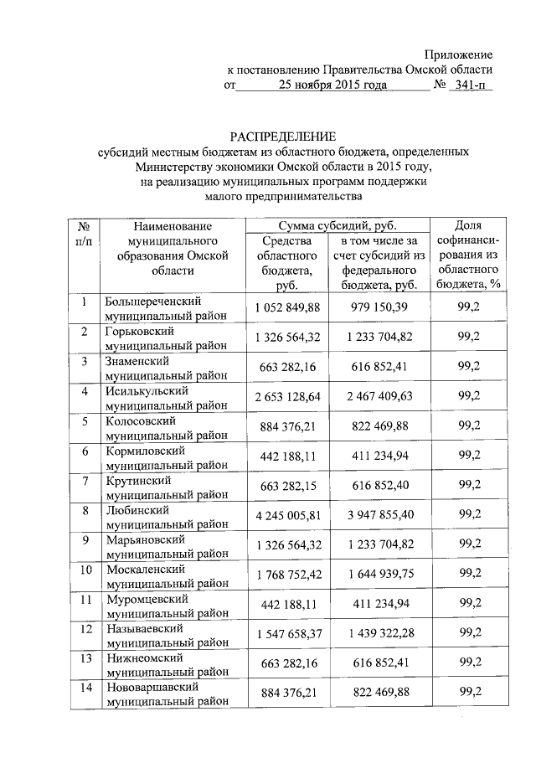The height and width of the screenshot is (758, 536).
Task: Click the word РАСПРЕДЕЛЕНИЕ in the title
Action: (x=284, y=136)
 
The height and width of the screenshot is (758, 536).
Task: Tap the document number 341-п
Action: (x=471, y=85)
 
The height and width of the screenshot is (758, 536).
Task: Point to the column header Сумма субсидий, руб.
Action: (x=337, y=225)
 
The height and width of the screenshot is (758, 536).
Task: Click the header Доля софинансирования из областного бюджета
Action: (x=466, y=255)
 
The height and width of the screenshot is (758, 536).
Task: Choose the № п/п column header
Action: (x=84, y=233)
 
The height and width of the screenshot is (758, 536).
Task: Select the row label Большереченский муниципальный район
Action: (x=165, y=307)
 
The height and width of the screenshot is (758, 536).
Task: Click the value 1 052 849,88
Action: (x=288, y=307)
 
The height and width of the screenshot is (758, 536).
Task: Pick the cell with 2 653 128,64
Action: (x=288, y=397)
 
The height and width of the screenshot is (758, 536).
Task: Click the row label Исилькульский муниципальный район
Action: (x=165, y=397)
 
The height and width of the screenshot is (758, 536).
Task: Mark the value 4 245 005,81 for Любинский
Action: (x=288, y=515)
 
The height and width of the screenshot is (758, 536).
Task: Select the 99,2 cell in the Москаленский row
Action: (x=469, y=574)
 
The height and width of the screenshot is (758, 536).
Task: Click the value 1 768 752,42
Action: (x=288, y=574)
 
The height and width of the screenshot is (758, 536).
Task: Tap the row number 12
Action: (x=85, y=628)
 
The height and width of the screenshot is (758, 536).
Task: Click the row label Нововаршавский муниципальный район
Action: (x=165, y=694)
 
